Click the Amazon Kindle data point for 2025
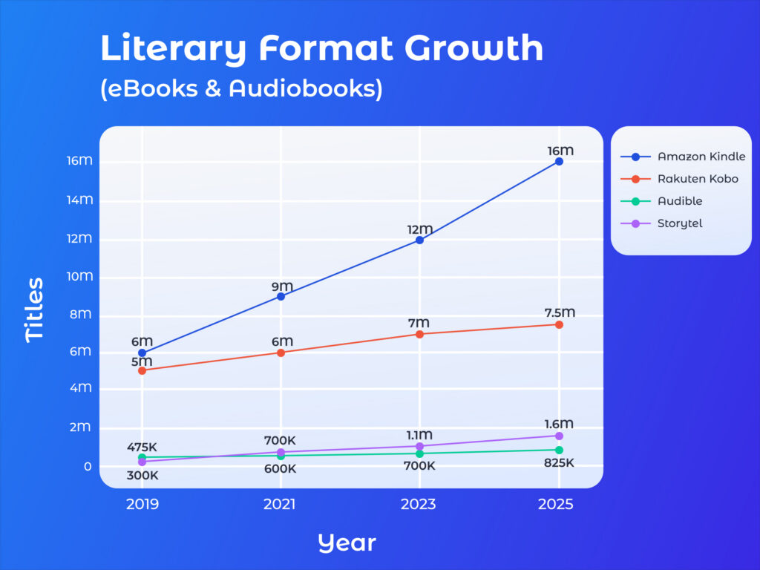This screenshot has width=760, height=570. [559, 161]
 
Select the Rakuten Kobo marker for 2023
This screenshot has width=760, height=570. [419, 334]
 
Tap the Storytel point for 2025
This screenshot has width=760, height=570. [559, 436]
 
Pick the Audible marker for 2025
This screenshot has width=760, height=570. [559, 450]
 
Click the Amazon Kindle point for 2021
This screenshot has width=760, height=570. [281, 296]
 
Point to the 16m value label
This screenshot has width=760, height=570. [560, 151]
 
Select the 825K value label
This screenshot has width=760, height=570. [559, 463]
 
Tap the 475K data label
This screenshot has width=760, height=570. [142, 447]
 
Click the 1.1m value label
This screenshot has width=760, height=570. [419, 435]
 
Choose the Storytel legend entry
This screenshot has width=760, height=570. [679, 223]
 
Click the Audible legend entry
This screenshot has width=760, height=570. [679, 200]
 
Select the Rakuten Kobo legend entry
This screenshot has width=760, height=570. [697, 179]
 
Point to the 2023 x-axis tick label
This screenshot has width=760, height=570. [419, 505]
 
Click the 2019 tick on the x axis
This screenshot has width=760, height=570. [142, 505]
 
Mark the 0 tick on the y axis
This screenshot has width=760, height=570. [88, 466]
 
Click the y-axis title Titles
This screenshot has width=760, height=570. [35, 309]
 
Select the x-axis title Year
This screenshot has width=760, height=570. [347, 543]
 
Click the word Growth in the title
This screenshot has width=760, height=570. [474, 48]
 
